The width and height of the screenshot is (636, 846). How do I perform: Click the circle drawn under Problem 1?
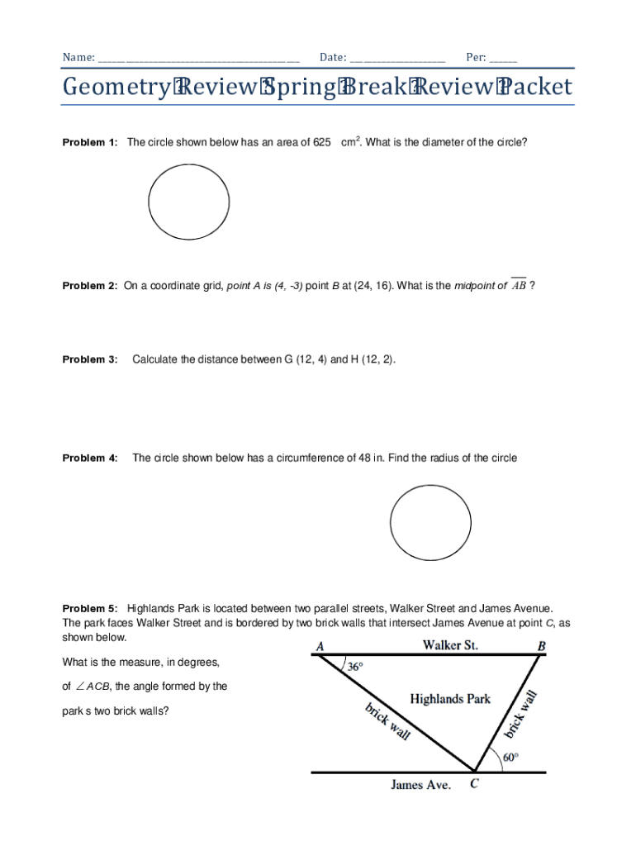[x=189, y=201]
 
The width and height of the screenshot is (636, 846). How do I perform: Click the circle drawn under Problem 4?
[x=430, y=523]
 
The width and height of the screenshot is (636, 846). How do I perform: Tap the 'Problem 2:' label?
[x=90, y=286]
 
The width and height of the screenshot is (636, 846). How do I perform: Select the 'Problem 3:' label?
[x=90, y=359]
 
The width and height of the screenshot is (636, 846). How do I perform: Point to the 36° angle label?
[x=354, y=667]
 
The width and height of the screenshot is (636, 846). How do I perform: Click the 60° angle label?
[x=511, y=757]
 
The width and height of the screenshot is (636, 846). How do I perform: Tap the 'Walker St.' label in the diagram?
[x=451, y=644]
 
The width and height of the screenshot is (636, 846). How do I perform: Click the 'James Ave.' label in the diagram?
[x=420, y=785]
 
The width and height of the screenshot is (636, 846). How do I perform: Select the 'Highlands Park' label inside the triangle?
[x=450, y=699]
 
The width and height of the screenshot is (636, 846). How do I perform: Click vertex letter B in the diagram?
[x=541, y=646]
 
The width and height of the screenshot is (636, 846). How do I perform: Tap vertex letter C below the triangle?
[x=474, y=785]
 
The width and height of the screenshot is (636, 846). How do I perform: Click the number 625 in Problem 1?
[x=322, y=143]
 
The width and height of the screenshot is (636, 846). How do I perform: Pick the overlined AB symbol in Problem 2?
[x=519, y=285]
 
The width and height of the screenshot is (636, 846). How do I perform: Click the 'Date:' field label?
[x=333, y=58]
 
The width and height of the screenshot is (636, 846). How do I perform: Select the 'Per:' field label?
[x=476, y=58]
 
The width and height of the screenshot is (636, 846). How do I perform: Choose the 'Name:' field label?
[x=78, y=58]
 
